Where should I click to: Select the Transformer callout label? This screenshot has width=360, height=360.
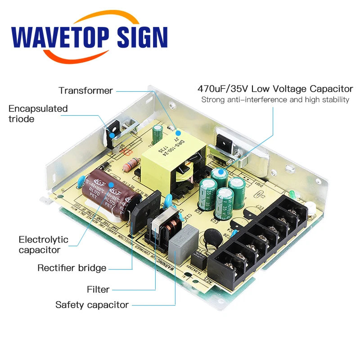85,91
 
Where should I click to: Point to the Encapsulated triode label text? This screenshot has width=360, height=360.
38,113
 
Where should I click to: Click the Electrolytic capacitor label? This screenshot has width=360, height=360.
43,244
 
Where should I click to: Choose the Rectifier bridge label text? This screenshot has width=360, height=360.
72,268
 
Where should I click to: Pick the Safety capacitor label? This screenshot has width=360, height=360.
92,305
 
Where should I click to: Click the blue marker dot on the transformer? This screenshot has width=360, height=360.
177,133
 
